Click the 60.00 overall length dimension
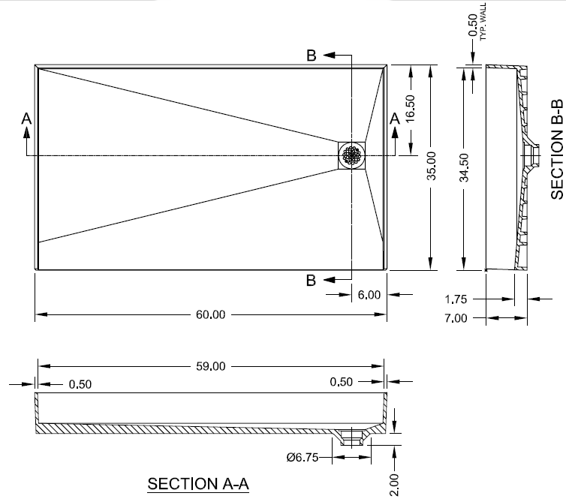click(210, 314)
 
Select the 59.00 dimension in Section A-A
click(211, 366)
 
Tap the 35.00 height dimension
click(431, 166)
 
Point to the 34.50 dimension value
click(464, 167)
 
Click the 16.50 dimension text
click(411, 108)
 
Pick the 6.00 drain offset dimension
click(369, 295)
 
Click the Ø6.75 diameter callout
click(303, 457)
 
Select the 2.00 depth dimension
click(395, 485)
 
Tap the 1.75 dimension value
click(456, 299)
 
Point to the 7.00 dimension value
click(456, 318)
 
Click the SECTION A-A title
click(198, 483)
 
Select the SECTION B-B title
click(557, 149)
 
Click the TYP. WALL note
click(483, 22)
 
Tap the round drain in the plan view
click(352, 155)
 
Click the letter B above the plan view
click(312, 56)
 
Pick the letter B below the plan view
click(311, 281)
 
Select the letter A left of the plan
click(26, 119)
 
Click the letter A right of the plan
click(395, 119)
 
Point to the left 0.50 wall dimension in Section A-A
click(80, 384)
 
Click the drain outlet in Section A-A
click(351, 437)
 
